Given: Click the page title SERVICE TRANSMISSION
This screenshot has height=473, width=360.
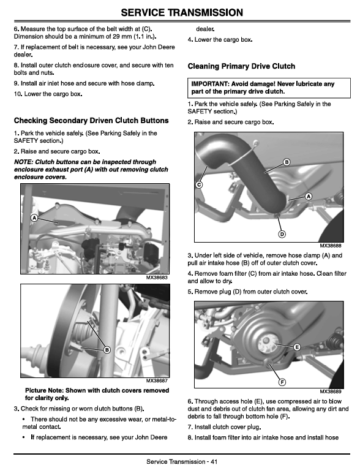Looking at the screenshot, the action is pyautogui.click(x=182, y=12).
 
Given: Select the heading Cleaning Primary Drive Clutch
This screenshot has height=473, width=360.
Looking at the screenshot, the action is pyautogui.click(x=241, y=66).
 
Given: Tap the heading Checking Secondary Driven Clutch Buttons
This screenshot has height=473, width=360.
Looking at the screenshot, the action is pyautogui.click(x=91, y=121).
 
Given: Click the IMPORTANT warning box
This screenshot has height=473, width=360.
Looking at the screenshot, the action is pyautogui.click(x=269, y=88).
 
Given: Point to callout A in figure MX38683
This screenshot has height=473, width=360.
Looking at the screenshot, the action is pyautogui.click(x=34, y=218).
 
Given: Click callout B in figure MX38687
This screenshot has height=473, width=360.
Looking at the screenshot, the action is pyautogui.click(x=107, y=350).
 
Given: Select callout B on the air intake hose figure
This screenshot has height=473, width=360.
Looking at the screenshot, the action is pyautogui.click(x=287, y=162).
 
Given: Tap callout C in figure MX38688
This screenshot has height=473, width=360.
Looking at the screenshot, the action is pyautogui.click(x=199, y=184).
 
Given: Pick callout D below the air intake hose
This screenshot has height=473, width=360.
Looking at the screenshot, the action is pyautogui.click(x=282, y=234).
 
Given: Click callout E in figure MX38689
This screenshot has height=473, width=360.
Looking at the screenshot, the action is pyautogui.click(x=297, y=347).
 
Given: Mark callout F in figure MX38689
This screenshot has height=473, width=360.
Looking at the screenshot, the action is pyautogui.click(x=282, y=382).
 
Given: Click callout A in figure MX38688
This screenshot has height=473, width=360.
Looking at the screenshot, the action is pyautogui.click(x=309, y=197).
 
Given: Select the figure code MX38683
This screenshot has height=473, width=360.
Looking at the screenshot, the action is pyautogui.click(x=157, y=277).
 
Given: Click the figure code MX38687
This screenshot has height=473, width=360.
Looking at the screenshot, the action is pyautogui.click(x=157, y=380).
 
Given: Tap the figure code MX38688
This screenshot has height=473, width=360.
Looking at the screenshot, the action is pyautogui.click(x=331, y=246).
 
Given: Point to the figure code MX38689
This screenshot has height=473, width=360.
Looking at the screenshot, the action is pyautogui.click(x=331, y=392).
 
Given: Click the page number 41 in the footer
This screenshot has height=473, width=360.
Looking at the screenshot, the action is pyautogui.click(x=214, y=461).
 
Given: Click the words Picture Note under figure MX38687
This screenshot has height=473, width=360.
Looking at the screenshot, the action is pyautogui.click(x=44, y=390).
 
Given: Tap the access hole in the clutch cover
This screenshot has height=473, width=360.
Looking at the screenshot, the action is pyautogui.click(x=266, y=343).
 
